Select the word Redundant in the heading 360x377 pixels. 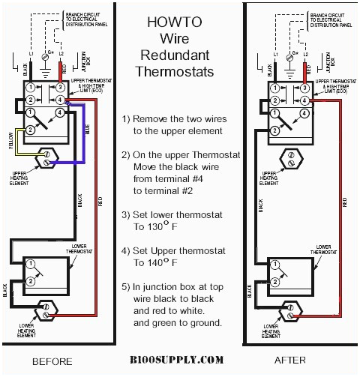pos(178,57)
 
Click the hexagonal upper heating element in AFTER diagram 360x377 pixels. pos(291,158)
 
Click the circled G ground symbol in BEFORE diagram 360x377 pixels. pos(49,56)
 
